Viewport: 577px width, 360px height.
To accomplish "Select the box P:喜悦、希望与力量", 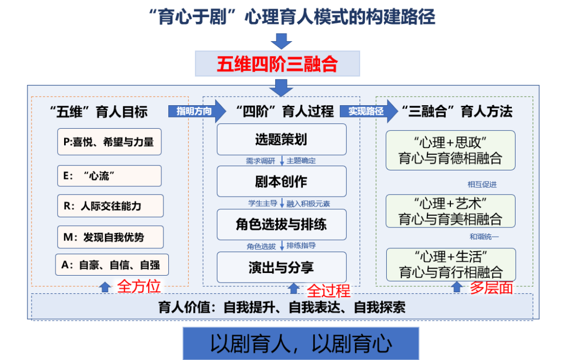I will pyautogui.click(x=109, y=142).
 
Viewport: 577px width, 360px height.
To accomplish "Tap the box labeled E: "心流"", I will pyautogui.click(x=109, y=176).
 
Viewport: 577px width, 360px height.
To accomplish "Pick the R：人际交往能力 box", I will pyautogui.click(x=110, y=206).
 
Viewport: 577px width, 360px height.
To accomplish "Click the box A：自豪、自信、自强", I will pyautogui.click(x=112, y=265).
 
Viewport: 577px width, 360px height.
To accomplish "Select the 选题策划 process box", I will pyautogui.click(x=281, y=139).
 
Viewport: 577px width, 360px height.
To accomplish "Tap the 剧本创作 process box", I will pyautogui.click(x=281, y=182).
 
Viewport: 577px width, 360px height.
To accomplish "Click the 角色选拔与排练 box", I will pyautogui.click(x=281, y=224).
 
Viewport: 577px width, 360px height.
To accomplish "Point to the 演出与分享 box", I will pyautogui.click(x=281, y=267).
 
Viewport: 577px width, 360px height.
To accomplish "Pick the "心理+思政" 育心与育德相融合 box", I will pyautogui.click(x=450, y=150).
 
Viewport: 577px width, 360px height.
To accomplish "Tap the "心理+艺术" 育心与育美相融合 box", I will pyautogui.click(x=450, y=211).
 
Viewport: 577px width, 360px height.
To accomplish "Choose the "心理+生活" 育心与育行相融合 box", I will pyautogui.click(x=450, y=264).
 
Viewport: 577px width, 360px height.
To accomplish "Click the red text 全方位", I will pyautogui.click(x=139, y=286).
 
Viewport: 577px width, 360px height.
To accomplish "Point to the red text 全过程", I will pyautogui.click(x=328, y=291).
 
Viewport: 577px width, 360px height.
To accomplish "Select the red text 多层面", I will pyautogui.click(x=491, y=288).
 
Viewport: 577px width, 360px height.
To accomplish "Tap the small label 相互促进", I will pyautogui.click(x=482, y=185).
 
